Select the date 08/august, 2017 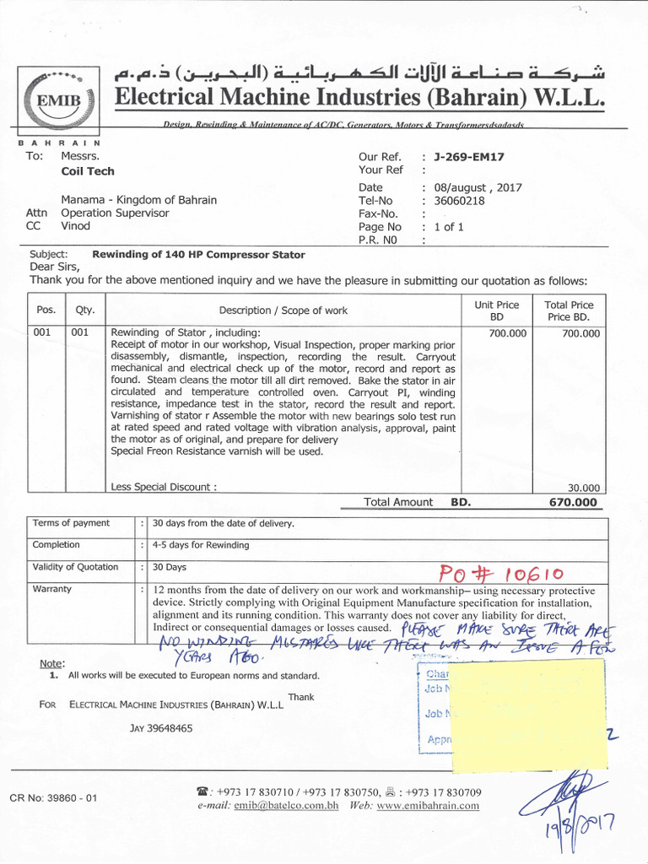[x=478, y=187]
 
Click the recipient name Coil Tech [x=88, y=171]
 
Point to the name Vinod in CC [x=76, y=226]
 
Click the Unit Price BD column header [x=496, y=310]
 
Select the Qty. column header [x=85, y=310]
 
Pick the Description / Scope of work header [x=283, y=310]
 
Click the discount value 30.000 [x=585, y=488]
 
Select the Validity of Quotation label [x=75, y=567]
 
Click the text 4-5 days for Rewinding [x=201, y=545]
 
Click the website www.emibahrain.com [x=428, y=806]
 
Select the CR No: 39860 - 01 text [x=54, y=797]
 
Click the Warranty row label [x=52, y=589]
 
